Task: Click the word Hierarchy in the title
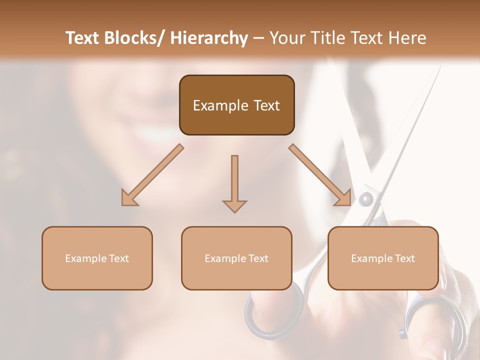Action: click(209, 38)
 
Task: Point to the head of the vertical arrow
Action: click(234, 206)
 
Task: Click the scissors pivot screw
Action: click(366, 199)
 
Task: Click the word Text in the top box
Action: click(265, 105)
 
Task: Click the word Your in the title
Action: click(287, 38)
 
